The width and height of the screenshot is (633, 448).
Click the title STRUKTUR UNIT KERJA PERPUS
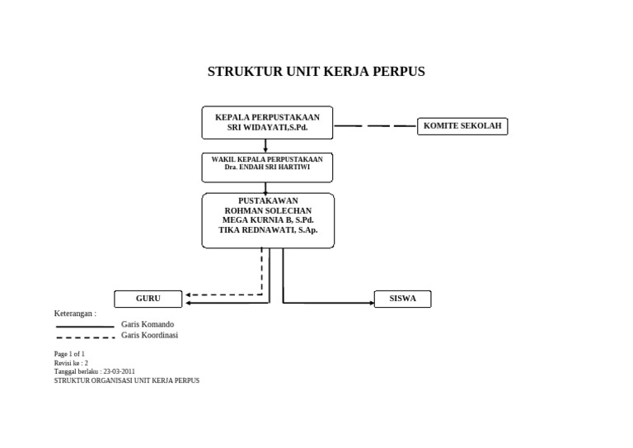[x=316, y=72]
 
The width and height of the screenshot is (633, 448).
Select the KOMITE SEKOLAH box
[x=462, y=126]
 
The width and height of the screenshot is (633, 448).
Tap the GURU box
[x=148, y=299]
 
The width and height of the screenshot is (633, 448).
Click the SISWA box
[x=402, y=299]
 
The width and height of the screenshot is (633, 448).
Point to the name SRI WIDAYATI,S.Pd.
[x=267, y=128]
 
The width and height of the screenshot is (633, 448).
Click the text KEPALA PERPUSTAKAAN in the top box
[x=267, y=117]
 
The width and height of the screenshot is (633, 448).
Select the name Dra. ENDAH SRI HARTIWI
[x=267, y=167]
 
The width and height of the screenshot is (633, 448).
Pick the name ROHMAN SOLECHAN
[x=268, y=210]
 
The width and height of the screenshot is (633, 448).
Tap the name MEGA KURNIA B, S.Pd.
[x=268, y=220]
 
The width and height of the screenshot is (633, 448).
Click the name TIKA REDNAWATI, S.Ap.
[x=268, y=230]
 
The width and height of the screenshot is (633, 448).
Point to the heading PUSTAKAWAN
[x=268, y=200]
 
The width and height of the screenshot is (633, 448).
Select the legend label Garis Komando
[x=148, y=324]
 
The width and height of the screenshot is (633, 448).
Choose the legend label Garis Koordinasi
[x=149, y=335]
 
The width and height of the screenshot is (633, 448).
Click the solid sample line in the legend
[x=85, y=327]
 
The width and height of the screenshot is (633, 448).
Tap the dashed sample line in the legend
[x=85, y=337]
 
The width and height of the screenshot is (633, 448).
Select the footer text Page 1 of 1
[x=69, y=354]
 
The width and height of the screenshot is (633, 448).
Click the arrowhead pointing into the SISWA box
[x=371, y=303]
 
